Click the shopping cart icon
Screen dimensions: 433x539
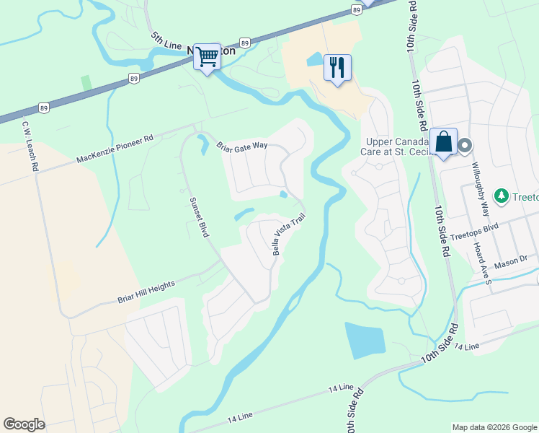[x=207, y=56]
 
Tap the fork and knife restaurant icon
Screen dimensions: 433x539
[x=337, y=67]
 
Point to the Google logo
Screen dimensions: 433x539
[x=24, y=424]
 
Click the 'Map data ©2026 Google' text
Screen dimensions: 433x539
[x=494, y=427]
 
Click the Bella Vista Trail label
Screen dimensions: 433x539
[x=284, y=235]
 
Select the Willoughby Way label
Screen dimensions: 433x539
[x=480, y=184]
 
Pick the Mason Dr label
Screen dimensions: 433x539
[x=513, y=258]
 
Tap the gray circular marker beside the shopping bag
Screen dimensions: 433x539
[x=465, y=146]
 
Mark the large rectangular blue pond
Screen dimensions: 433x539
[x=365, y=340]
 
